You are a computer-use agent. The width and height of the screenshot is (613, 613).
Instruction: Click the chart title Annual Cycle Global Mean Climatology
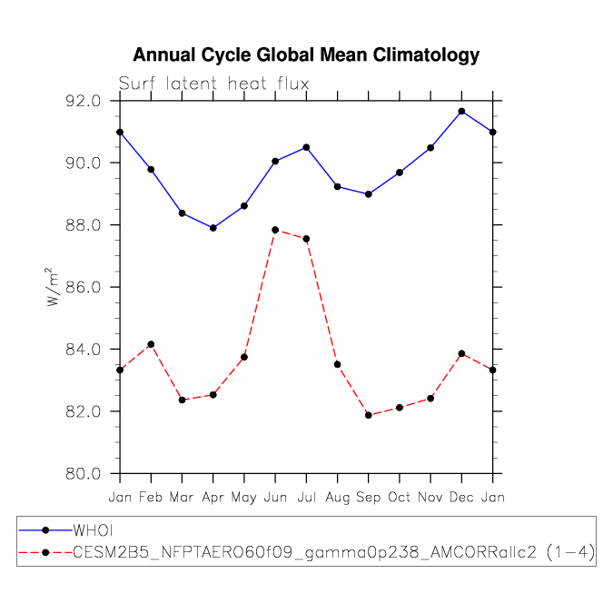[306, 55]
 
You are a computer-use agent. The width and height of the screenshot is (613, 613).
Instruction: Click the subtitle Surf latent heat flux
[213, 84]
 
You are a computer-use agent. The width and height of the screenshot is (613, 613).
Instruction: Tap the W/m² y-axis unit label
[52, 287]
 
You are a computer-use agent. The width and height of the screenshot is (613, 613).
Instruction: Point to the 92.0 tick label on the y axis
[84, 101]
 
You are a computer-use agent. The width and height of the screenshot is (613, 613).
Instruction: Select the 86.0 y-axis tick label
[84, 287]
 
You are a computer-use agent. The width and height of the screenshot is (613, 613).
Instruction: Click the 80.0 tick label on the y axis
[84, 473]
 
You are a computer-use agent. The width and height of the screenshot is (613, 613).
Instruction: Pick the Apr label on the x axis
[213, 498]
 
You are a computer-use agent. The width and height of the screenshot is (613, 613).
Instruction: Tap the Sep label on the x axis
[369, 498]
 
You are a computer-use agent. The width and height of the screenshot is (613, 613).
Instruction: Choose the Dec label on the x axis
[461, 497]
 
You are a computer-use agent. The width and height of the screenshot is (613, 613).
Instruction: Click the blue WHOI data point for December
[461, 112]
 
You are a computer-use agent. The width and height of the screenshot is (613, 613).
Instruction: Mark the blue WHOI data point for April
[213, 228]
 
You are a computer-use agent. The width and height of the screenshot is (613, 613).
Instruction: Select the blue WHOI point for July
[307, 147]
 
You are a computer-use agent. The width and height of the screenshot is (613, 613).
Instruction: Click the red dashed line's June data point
[275, 230]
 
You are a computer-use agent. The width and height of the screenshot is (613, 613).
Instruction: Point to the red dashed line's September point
[369, 415]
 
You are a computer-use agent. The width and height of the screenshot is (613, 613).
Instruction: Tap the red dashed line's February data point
[151, 344]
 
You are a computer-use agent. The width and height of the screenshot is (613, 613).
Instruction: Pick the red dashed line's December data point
[461, 353]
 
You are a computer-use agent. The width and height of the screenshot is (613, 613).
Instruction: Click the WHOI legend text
[93, 530]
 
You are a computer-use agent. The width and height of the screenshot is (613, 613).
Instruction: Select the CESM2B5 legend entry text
[334, 552]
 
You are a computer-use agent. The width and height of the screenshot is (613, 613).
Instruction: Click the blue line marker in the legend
[45, 530]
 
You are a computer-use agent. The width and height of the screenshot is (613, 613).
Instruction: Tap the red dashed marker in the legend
[45, 552]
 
